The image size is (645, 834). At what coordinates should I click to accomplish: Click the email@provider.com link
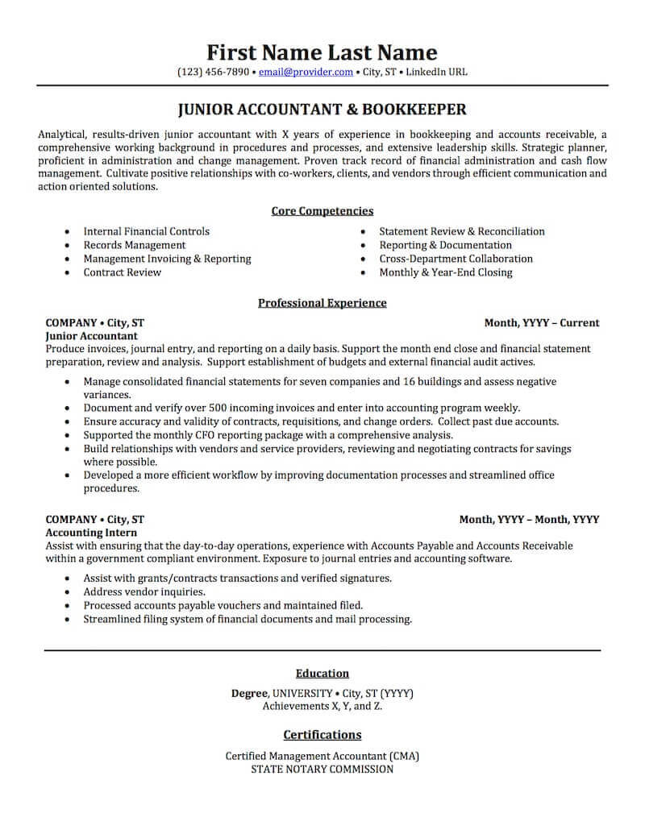click(306, 72)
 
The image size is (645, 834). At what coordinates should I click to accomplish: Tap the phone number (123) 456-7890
click(214, 72)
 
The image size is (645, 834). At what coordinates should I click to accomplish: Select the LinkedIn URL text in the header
click(436, 72)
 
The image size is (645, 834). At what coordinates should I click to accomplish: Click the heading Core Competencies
click(322, 211)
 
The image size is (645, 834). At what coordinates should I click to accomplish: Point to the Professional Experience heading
click(322, 303)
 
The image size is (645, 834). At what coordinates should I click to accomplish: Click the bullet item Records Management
click(134, 245)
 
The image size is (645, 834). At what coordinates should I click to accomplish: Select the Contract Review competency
click(122, 272)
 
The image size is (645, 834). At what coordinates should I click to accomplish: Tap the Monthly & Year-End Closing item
click(445, 272)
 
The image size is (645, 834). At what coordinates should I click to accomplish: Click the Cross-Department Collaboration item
click(456, 259)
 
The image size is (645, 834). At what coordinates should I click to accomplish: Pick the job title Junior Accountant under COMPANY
click(91, 335)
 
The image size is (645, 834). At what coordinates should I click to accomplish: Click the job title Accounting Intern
click(91, 533)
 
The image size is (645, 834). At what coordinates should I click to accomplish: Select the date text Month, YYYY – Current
click(541, 322)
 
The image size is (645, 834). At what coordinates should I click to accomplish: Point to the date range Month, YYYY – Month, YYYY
click(529, 520)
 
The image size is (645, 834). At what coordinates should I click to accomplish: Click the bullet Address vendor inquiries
click(144, 591)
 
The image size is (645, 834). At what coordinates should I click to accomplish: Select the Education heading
click(322, 673)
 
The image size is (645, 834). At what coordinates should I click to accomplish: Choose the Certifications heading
click(322, 734)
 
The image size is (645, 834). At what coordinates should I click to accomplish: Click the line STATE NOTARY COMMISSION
click(322, 769)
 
